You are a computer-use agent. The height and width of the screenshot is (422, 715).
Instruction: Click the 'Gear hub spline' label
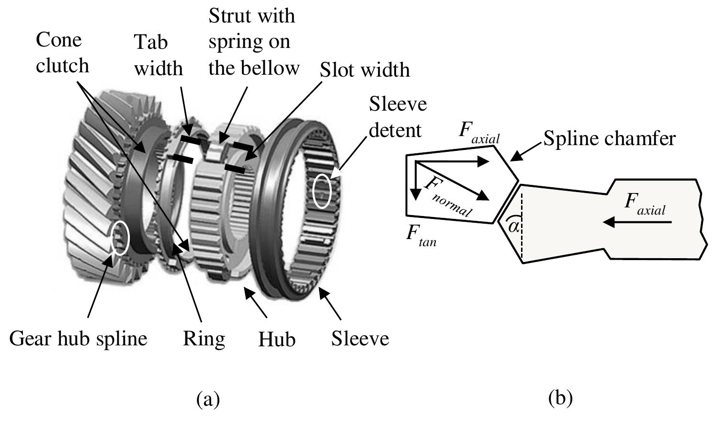(x=78, y=340)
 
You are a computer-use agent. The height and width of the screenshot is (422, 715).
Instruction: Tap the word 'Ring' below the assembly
(x=204, y=340)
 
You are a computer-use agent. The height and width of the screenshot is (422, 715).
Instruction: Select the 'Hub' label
(x=277, y=339)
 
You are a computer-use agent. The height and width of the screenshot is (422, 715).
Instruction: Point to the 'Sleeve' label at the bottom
(x=360, y=339)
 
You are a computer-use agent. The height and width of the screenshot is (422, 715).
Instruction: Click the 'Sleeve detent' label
(x=397, y=117)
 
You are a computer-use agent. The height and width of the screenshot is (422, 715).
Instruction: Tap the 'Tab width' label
(x=159, y=55)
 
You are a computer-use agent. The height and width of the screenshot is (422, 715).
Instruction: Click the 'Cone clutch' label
(x=62, y=53)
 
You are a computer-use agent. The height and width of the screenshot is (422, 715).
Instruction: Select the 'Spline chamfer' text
(x=610, y=139)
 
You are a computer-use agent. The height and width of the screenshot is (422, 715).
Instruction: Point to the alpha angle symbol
(x=513, y=226)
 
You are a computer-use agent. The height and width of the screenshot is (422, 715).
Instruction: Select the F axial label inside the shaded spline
(x=645, y=205)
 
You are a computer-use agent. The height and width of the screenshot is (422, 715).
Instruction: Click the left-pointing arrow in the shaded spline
(x=637, y=222)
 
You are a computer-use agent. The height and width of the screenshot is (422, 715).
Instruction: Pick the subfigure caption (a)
(x=208, y=399)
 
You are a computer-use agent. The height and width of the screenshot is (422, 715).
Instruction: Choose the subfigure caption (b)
(x=560, y=398)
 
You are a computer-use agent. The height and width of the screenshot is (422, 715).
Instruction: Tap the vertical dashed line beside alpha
(x=522, y=225)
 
